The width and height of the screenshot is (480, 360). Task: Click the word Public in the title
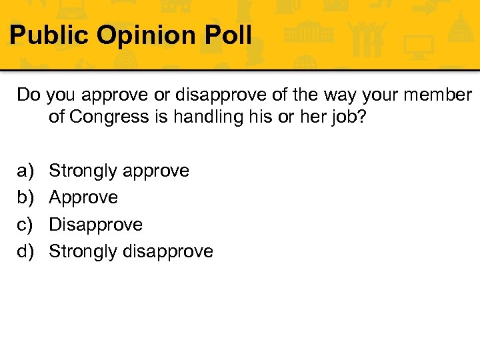coord(49,35)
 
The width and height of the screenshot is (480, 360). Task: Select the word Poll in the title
coord(229,35)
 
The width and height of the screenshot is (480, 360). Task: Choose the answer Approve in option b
coord(83,198)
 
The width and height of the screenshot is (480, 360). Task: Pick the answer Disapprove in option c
coord(96,225)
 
